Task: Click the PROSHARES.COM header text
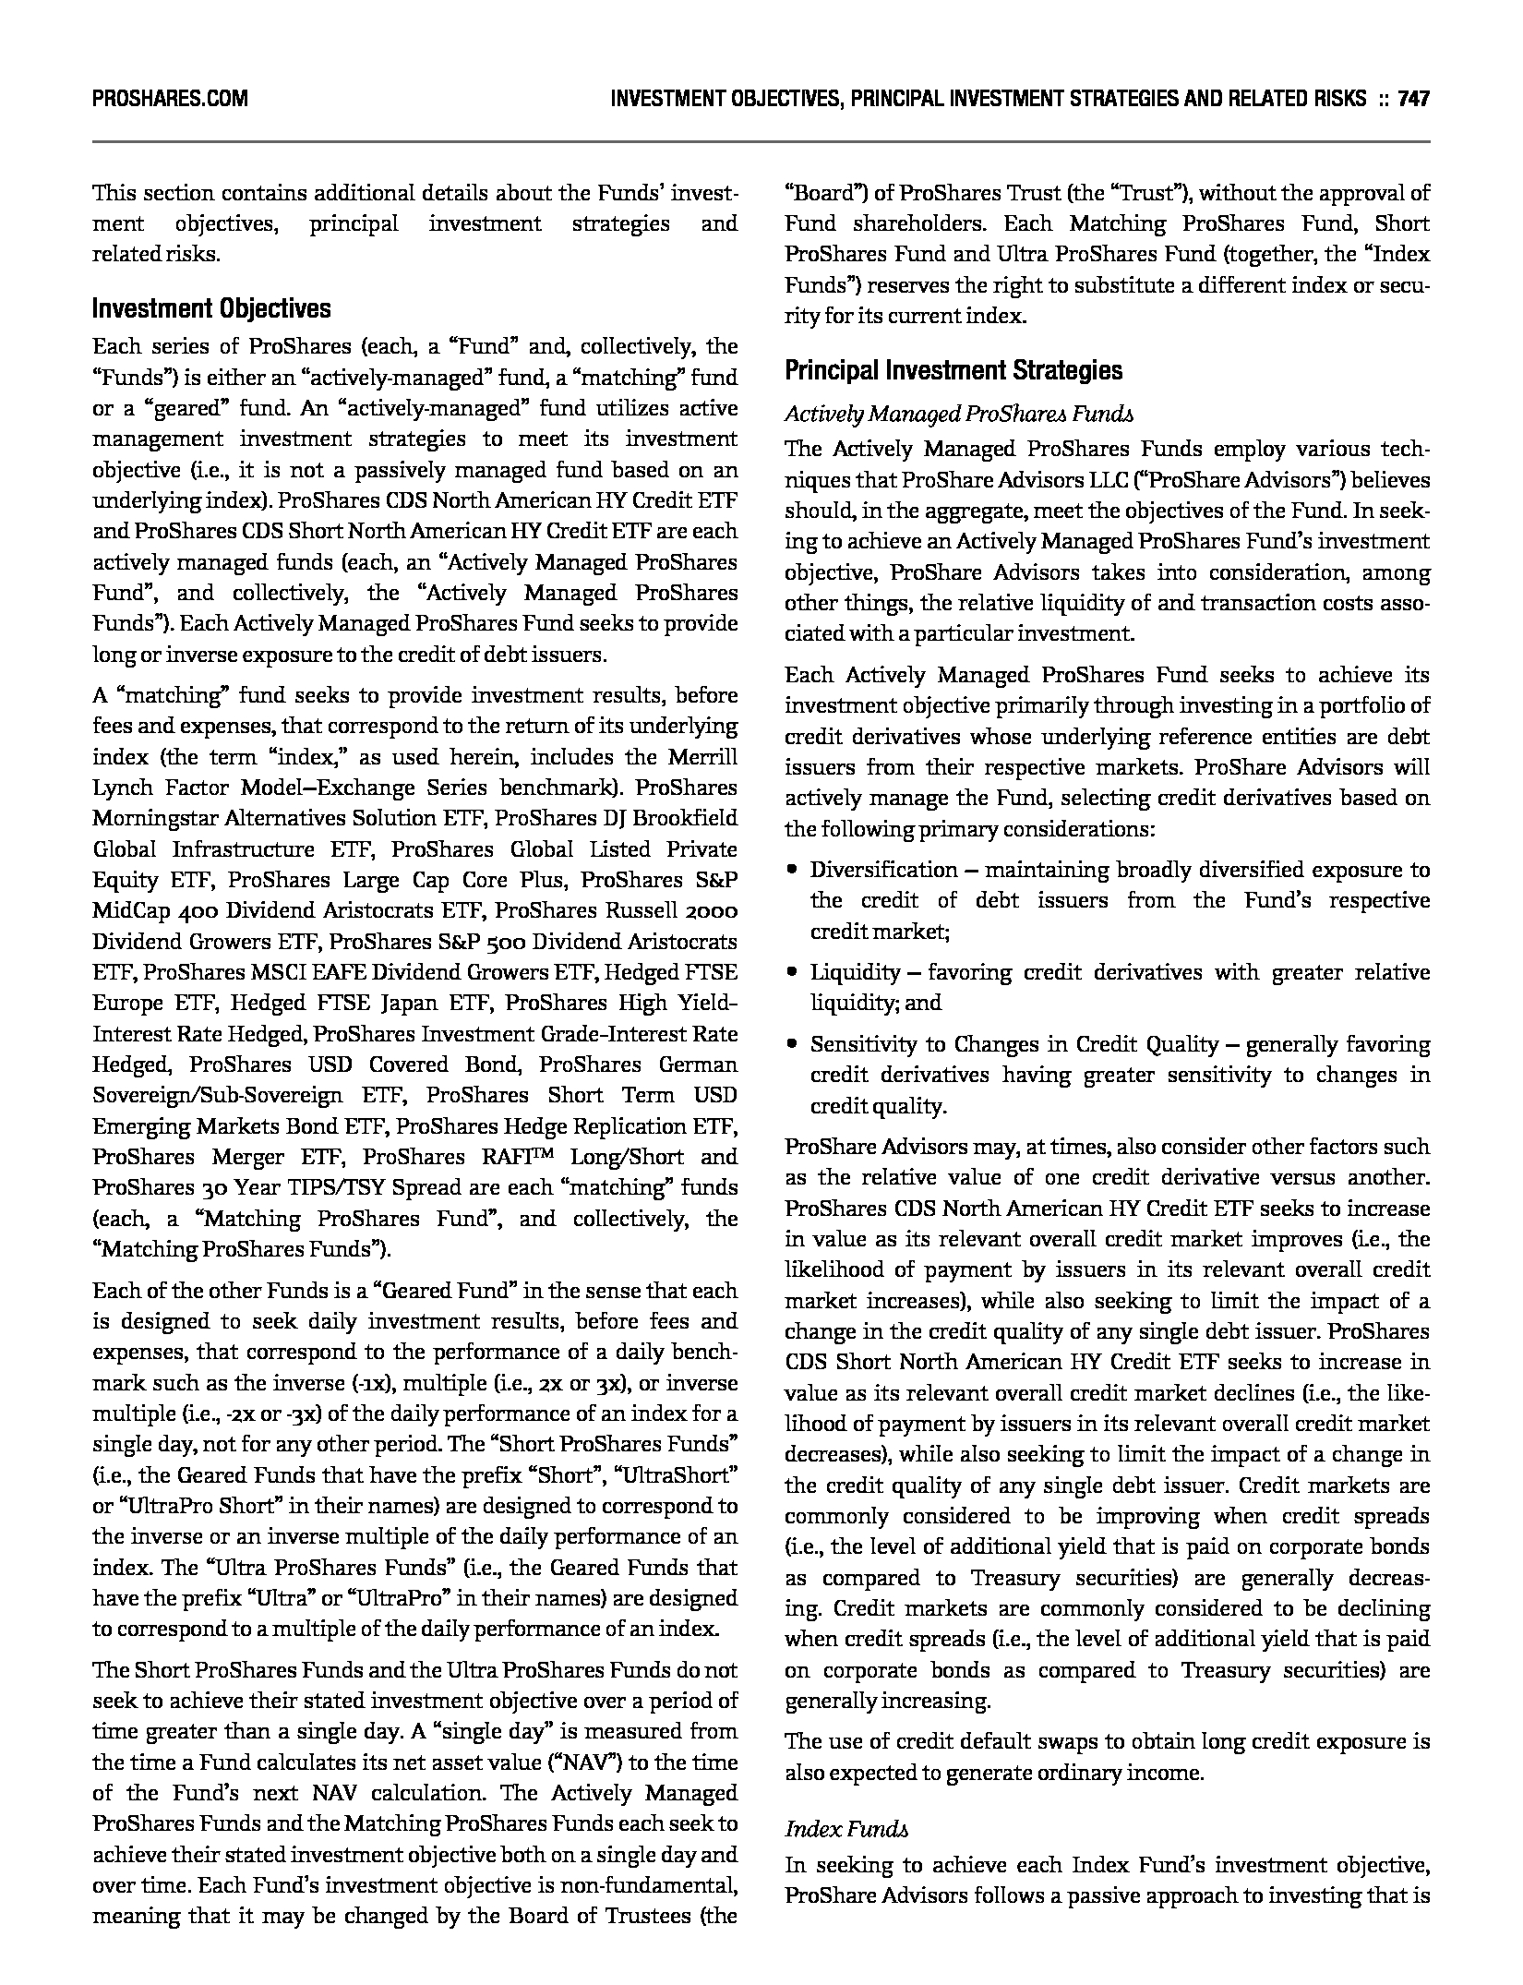click(x=170, y=98)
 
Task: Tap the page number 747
click(x=1413, y=98)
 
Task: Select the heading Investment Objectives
click(x=211, y=308)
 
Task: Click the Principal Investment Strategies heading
click(x=953, y=370)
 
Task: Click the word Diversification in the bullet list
click(x=871, y=870)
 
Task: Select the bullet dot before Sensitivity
click(x=792, y=1044)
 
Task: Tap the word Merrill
click(x=702, y=757)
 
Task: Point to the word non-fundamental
click(x=652, y=1885)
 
